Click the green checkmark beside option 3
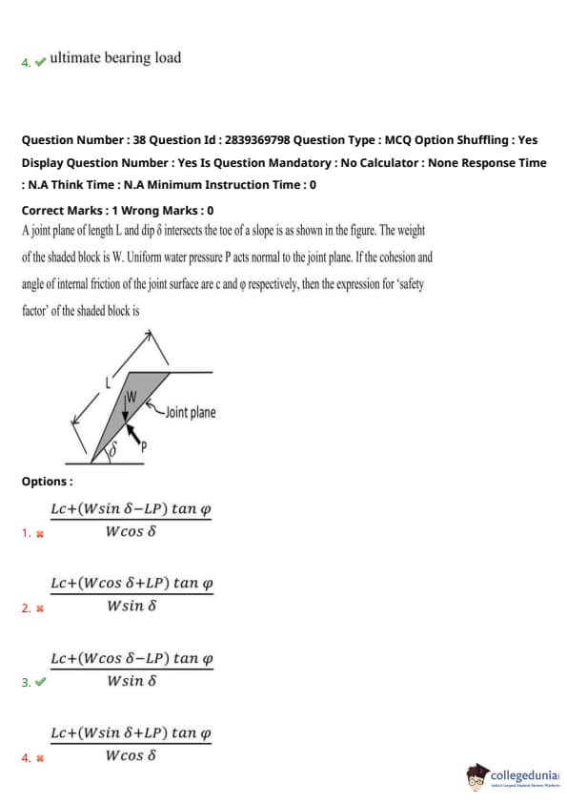tap(41, 682)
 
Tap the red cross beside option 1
tap(40, 534)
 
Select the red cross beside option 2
tap(40, 608)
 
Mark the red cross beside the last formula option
tap(40, 758)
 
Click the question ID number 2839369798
tap(257, 140)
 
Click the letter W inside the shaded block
tap(132, 397)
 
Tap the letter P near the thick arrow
tap(144, 446)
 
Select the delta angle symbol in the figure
tap(113, 448)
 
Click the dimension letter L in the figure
tap(108, 382)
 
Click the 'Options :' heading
tap(47, 482)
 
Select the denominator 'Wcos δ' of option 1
tap(131, 531)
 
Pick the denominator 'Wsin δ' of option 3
tap(132, 681)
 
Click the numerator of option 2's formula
tap(132, 583)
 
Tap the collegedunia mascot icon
tap(476, 776)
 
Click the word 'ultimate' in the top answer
tap(75, 57)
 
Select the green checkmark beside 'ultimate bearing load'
tap(41, 62)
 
